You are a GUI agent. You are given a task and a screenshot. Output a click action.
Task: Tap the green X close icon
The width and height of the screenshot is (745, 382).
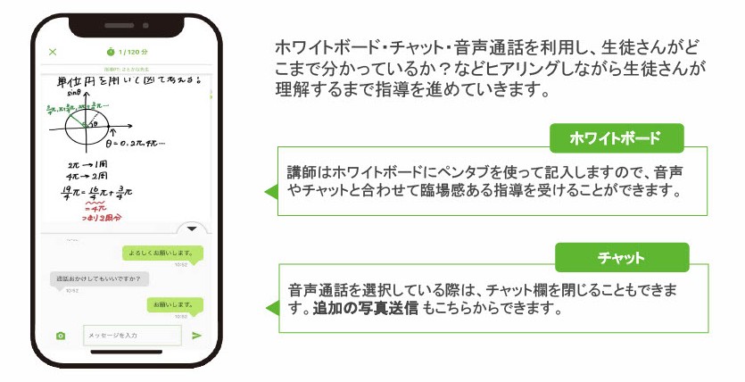(x=53, y=53)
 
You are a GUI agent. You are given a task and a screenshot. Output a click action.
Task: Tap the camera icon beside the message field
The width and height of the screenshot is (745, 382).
(x=60, y=336)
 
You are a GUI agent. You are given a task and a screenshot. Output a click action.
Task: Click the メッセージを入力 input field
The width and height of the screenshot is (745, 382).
(x=131, y=336)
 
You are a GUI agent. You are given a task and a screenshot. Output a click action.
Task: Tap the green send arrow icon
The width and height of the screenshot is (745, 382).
(x=197, y=336)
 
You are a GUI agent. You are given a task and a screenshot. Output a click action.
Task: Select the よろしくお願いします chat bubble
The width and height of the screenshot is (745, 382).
(x=163, y=253)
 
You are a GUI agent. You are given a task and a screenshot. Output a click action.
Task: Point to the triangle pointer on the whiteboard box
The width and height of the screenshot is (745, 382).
(x=270, y=192)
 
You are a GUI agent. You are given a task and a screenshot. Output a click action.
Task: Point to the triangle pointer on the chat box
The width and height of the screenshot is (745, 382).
(x=270, y=308)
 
